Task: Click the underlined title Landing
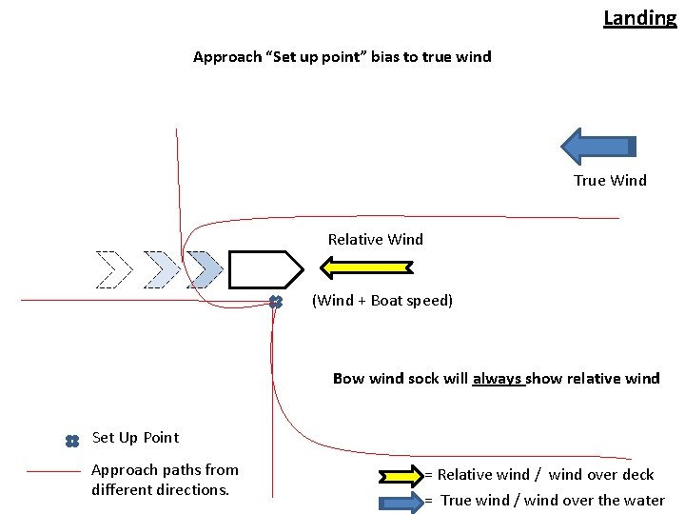pyautogui.click(x=639, y=17)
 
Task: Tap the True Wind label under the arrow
pyautogui.click(x=610, y=181)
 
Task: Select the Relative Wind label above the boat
pyautogui.click(x=375, y=240)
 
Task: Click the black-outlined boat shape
pyautogui.click(x=264, y=269)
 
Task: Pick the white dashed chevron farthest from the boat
pyautogui.click(x=113, y=269)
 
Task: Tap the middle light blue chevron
pyautogui.click(x=160, y=269)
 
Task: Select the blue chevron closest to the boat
pyautogui.click(x=204, y=269)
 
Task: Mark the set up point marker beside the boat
pyautogui.click(x=275, y=302)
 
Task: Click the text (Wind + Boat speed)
pyautogui.click(x=382, y=301)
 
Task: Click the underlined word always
pyautogui.click(x=499, y=379)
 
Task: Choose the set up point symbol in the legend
pyautogui.click(x=71, y=441)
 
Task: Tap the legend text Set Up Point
pyautogui.click(x=135, y=438)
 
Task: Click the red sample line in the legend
pyautogui.click(x=53, y=471)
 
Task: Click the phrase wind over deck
pyautogui.click(x=601, y=475)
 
